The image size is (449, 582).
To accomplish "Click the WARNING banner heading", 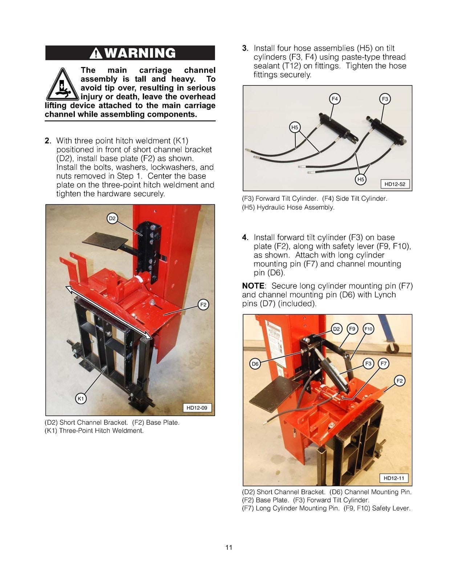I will (130, 53).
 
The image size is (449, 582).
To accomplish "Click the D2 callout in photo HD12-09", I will (112, 218).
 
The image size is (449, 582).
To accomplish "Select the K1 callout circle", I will (81, 399).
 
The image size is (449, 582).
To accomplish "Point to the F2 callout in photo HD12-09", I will (203, 305).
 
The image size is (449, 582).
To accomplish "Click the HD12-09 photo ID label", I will (197, 408).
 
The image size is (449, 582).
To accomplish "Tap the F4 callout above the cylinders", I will (335, 99).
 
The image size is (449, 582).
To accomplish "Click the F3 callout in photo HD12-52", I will (385, 99).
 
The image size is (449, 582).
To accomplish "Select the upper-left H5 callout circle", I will (295, 127).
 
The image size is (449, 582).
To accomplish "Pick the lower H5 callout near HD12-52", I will (360, 179).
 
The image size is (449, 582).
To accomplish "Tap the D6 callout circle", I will (255, 364).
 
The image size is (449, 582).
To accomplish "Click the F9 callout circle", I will (352, 329).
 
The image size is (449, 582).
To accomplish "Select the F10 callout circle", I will (368, 329).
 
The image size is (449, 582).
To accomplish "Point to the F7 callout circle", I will (383, 363).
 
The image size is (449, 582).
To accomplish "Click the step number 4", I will (245, 238).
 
